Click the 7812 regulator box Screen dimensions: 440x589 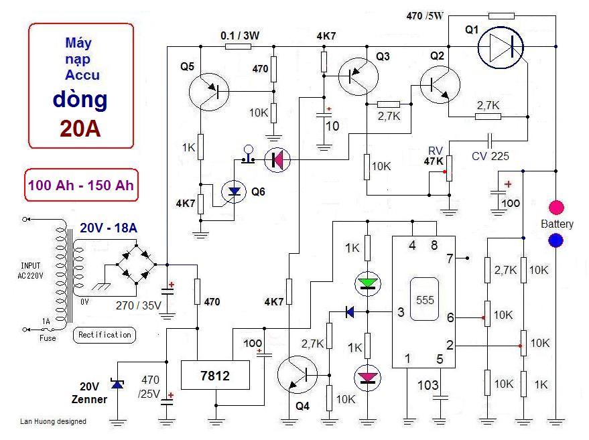coord(215,376)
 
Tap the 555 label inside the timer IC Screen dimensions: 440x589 coord(426,299)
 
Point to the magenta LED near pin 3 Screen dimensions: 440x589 coord(367,379)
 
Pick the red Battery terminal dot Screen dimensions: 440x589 coord(556,207)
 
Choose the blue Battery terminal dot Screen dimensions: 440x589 coord(556,240)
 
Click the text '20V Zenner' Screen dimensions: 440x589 coord(90,392)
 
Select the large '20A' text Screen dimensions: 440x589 coord(80,128)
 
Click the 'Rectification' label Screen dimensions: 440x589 coord(105,334)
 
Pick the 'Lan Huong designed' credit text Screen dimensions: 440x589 coord(53,421)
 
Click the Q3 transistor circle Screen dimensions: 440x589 coord(356,75)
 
